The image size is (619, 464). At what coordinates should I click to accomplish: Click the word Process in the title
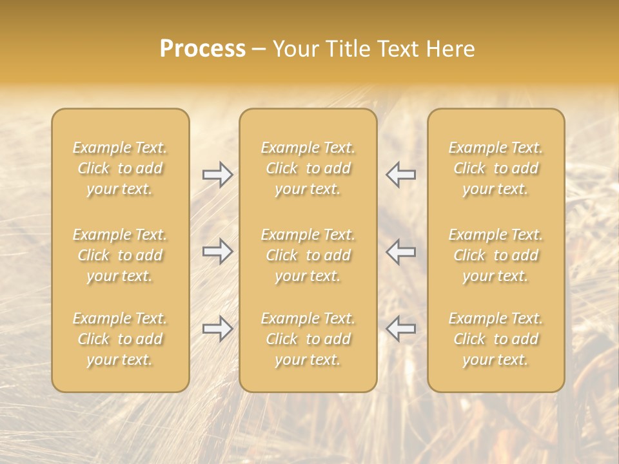coord(202,49)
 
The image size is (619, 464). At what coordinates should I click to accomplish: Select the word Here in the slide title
coord(450,49)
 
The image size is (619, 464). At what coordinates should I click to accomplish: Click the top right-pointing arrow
coord(217,175)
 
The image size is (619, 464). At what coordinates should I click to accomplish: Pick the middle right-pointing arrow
coord(217,251)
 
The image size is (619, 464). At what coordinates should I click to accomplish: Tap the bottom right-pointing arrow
coord(217,329)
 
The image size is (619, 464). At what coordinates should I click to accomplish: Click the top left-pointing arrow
coord(401,175)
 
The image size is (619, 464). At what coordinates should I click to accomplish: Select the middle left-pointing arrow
coord(401,251)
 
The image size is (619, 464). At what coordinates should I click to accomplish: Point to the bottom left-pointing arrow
coord(401,329)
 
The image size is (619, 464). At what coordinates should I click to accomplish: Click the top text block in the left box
coord(120,168)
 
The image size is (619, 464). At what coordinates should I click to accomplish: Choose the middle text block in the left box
coord(120,255)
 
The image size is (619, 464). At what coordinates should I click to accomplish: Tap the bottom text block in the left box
coord(120,339)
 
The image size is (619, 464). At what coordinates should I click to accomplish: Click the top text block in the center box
coord(308,168)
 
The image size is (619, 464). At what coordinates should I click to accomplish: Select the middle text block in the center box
coord(308,255)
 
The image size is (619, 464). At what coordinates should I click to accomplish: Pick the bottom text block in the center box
coord(308,339)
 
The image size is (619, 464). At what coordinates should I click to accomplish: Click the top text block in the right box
coord(496,168)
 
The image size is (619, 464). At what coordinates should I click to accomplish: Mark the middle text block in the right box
coord(496,255)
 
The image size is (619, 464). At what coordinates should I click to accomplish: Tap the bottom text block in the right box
coord(496,339)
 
